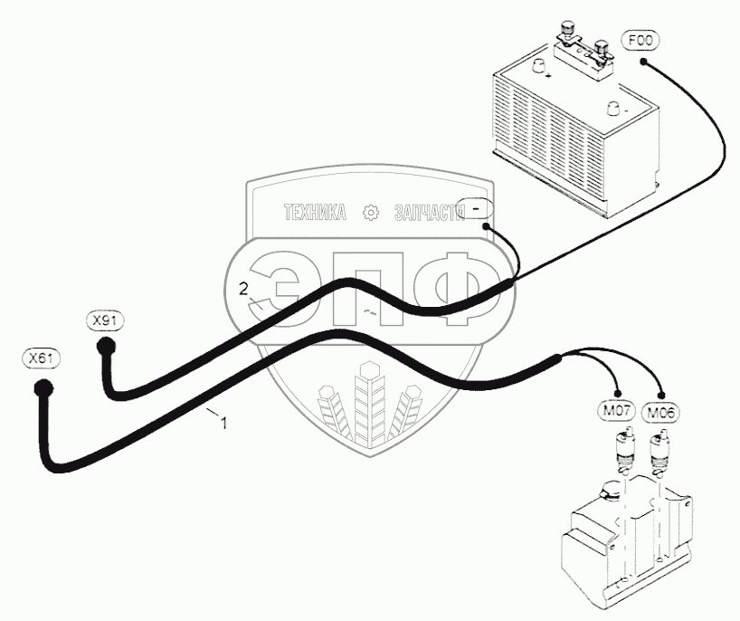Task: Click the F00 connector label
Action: point(640,41)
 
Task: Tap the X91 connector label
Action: point(106,320)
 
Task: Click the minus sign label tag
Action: point(476,207)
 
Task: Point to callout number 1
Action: point(223,422)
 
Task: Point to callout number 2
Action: point(242,289)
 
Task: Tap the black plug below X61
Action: point(43,389)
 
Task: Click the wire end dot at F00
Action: point(644,62)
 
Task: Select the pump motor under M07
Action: point(621,451)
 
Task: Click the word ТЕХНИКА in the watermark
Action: point(316,214)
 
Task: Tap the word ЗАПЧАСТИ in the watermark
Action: point(428,214)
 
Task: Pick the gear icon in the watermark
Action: point(370,214)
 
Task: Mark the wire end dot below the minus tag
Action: point(487,227)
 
